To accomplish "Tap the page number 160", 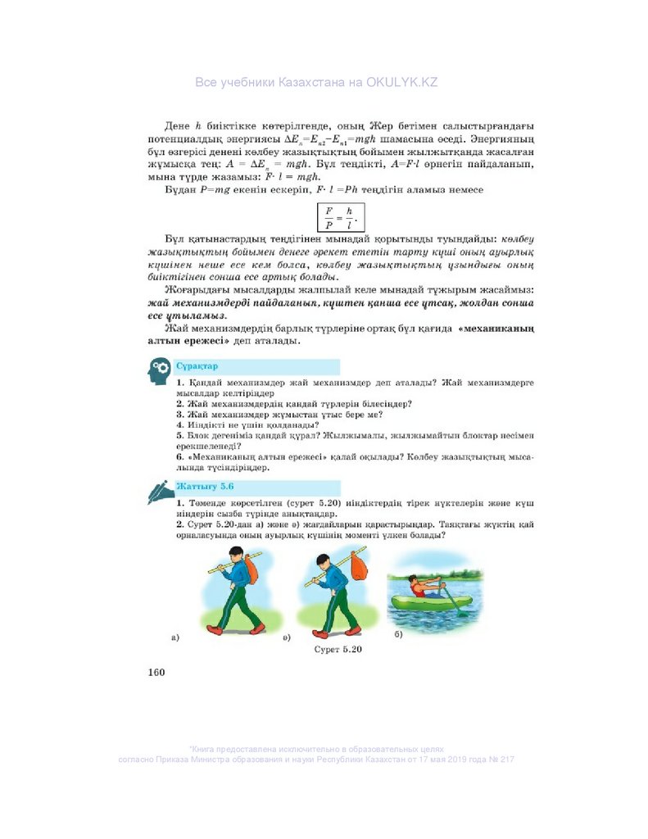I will pos(156,673).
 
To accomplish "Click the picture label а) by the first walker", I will pos(174,637).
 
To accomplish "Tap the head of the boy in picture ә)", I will pos(324,560).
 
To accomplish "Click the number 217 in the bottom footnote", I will pos(505,760).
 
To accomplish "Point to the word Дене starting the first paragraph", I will pos(177,125).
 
